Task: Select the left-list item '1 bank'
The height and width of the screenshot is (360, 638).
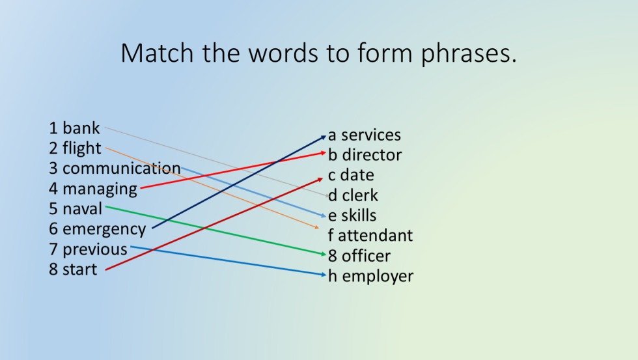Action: (75, 128)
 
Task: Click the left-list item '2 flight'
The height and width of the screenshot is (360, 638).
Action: (76, 148)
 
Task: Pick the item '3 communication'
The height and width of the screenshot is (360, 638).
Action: (115, 169)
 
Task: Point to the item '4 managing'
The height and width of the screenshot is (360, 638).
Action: (93, 189)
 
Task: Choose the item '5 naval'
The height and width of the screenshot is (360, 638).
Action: (76, 209)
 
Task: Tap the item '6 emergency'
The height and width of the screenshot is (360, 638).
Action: (98, 229)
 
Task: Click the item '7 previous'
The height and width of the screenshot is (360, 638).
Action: (88, 249)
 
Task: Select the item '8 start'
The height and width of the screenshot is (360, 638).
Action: (73, 270)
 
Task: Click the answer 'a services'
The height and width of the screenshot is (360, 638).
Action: (365, 135)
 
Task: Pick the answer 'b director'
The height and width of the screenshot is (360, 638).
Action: (365, 155)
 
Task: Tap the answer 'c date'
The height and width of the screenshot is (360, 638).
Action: (351, 175)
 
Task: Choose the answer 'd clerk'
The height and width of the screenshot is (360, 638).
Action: (353, 195)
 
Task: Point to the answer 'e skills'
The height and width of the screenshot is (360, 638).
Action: (352, 215)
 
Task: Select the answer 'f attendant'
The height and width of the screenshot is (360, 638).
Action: (370, 236)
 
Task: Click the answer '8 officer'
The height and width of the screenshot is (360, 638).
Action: (359, 256)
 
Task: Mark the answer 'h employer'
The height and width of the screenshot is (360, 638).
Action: (370, 276)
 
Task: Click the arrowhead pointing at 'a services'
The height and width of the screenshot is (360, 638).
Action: (324, 136)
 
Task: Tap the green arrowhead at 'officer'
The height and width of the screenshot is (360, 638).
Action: (323, 254)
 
